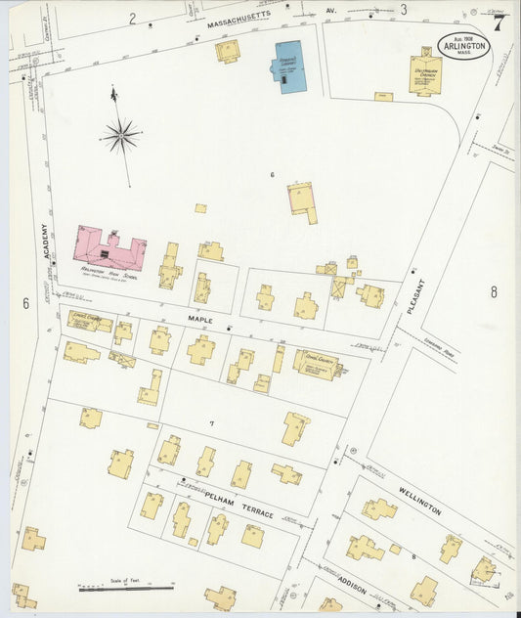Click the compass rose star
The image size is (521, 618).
[x=120, y=136]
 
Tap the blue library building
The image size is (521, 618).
[x=289, y=66]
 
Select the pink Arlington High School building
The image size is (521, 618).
[x=109, y=248]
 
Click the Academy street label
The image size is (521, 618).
[x=45, y=241]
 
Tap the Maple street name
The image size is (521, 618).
[x=200, y=318]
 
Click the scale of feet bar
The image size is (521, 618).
[x=125, y=589]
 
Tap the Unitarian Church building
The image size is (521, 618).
[x=425, y=73]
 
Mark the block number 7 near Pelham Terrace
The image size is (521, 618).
[x=210, y=422]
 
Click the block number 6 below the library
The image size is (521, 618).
[x=273, y=174]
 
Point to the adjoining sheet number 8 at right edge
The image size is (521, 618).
[x=494, y=291]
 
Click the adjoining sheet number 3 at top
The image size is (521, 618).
[x=402, y=10]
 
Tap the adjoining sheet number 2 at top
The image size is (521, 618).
[x=132, y=18]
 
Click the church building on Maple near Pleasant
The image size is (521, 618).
[x=317, y=365]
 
